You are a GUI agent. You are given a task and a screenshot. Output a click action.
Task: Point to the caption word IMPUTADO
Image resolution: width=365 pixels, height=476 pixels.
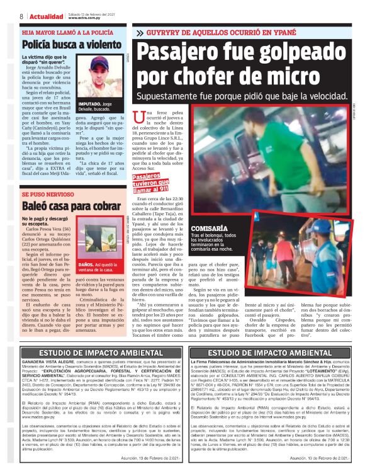click(x=90, y=103)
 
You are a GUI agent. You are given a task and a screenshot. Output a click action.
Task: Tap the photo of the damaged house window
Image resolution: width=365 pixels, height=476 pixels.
click(x=99, y=243)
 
